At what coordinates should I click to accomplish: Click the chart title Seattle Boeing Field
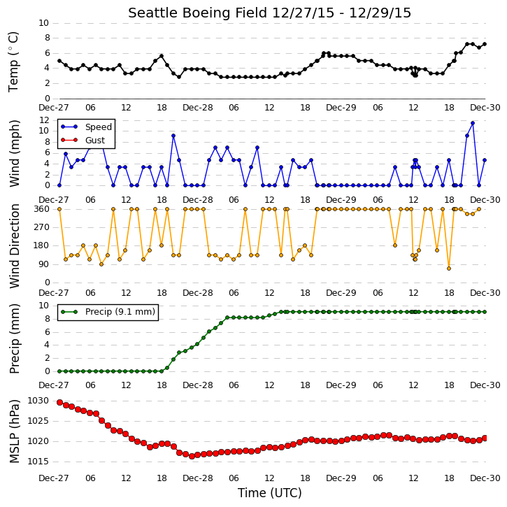tap(198, 13)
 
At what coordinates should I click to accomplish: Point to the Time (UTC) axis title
tap(270, 493)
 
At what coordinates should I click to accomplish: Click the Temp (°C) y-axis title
tap(13, 62)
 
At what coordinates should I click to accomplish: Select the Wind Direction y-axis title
tap(15, 245)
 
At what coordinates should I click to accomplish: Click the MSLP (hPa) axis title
tap(15, 431)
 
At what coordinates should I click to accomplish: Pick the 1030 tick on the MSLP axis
tap(38, 401)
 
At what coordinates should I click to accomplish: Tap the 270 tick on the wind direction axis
tap(42, 227)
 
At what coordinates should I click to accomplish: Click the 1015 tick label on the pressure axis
tap(38, 462)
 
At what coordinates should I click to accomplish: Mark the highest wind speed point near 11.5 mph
tap(473, 123)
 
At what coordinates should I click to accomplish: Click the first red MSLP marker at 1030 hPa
tap(59, 402)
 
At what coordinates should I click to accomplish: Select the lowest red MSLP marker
tap(192, 456)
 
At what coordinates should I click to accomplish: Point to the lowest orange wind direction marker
tap(449, 269)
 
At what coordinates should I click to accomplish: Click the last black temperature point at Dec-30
tap(485, 44)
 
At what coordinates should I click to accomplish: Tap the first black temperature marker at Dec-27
tap(59, 61)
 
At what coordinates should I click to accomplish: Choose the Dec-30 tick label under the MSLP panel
tap(485, 478)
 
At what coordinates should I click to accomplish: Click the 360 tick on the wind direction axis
tap(42, 209)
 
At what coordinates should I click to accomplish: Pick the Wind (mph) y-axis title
tap(15, 153)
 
